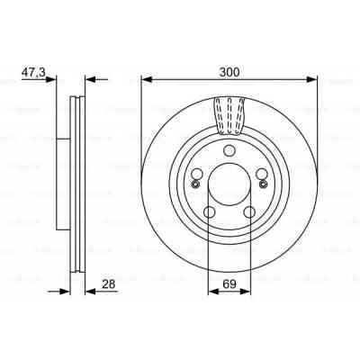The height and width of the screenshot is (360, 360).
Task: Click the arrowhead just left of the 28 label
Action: click(x=87, y=290)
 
